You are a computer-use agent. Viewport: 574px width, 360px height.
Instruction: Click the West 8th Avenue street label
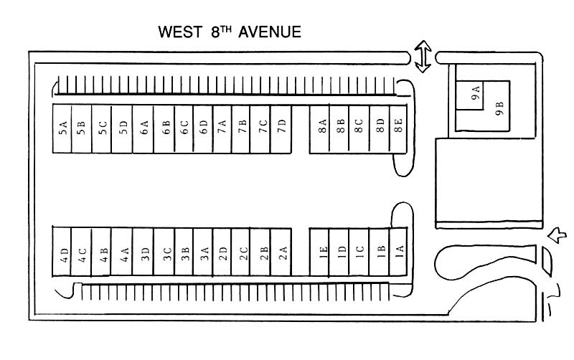tap(230, 32)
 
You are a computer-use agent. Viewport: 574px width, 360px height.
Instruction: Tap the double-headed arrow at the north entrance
tap(423, 55)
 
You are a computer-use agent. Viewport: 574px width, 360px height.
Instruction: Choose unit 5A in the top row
tap(63, 129)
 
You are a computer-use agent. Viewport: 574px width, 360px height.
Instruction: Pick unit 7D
tap(283, 129)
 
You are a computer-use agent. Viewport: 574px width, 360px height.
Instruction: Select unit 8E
tap(398, 129)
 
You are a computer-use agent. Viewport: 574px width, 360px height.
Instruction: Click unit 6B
tap(165, 129)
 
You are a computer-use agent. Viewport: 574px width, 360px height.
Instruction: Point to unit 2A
tap(283, 255)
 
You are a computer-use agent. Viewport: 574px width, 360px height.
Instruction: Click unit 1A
tap(399, 255)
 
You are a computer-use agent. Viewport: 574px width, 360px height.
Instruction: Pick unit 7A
tap(222, 129)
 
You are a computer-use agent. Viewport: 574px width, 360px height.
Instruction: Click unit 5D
tap(123, 129)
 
